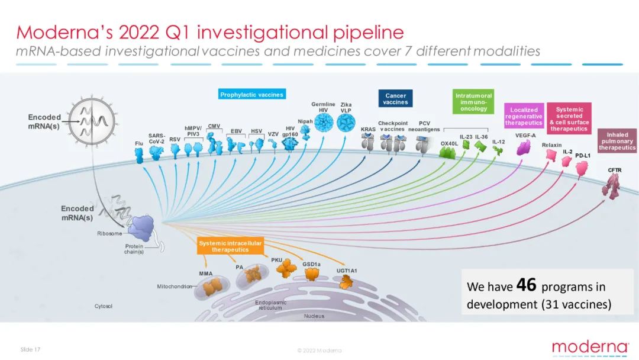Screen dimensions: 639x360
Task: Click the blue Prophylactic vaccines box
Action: coord(252,94)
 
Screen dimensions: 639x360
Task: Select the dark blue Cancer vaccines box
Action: coord(395,99)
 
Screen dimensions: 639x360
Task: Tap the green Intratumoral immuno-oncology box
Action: coord(473,101)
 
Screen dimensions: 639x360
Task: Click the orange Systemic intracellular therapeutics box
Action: coord(230,246)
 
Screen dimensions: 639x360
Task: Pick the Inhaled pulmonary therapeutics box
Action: coord(617,141)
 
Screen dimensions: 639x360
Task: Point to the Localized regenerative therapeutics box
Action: coord(524,116)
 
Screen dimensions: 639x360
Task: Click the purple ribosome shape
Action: coord(141,229)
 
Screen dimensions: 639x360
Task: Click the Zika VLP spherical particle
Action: coord(346,123)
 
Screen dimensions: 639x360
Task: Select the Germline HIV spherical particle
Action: coord(324,123)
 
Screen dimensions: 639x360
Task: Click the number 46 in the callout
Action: coord(526,285)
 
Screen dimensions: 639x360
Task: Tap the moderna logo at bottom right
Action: coord(590,348)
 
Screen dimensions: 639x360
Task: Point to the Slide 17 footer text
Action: coord(31,349)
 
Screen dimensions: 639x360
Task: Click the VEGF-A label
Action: coord(525,136)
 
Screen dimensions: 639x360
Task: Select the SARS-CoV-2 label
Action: coord(156,139)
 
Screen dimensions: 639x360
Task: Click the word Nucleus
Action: coord(314,316)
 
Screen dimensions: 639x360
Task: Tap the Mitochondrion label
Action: coord(175,287)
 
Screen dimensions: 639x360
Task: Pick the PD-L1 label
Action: coord(583,156)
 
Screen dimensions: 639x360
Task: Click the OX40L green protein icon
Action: coord(447,153)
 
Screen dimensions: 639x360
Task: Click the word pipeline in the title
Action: coord(369,33)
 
